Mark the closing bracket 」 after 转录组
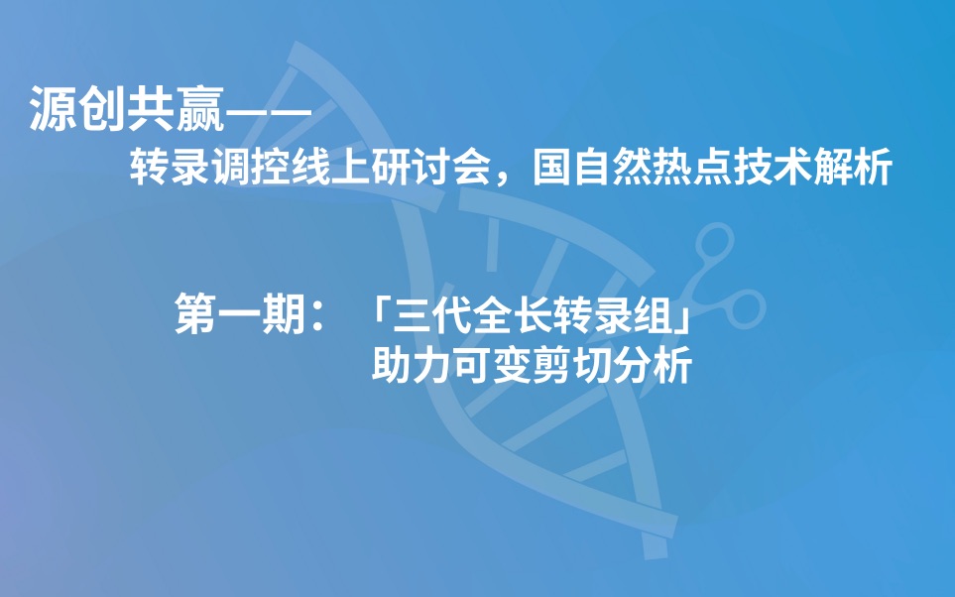pyautogui.click(x=679, y=324)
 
